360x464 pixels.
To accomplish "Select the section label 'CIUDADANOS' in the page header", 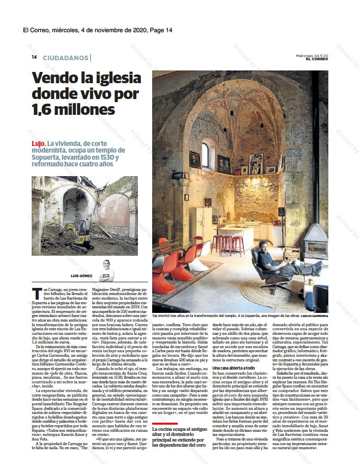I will pyautogui.click(x=65, y=58).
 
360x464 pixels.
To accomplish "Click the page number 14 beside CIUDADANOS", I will pyautogui.click(x=34, y=58).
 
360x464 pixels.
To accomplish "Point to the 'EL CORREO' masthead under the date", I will pyautogui.click(x=317, y=59).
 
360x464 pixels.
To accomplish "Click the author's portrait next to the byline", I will pyautogui.click(x=106, y=270).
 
